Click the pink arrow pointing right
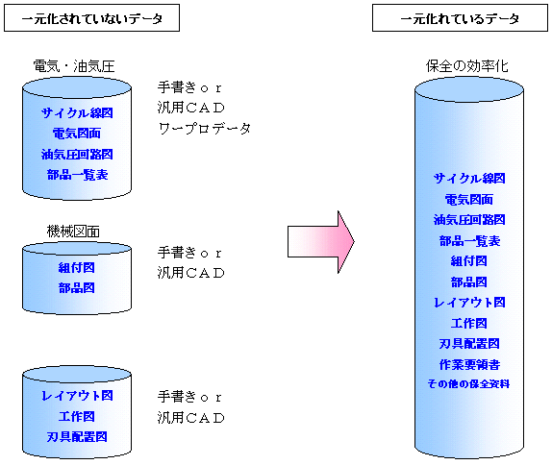(x=321, y=242)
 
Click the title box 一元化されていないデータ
(x=92, y=18)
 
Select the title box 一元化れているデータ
(x=460, y=18)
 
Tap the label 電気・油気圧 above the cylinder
(x=74, y=66)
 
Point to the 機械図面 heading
(x=73, y=232)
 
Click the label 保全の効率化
(x=466, y=65)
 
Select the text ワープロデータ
(x=204, y=128)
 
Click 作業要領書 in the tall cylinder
(x=469, y=364)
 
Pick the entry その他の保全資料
(x=468, y=383)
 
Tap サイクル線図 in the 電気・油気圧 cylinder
(x=77, y=113)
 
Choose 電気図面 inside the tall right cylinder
(x=469, y=200)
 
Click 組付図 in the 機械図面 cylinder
(x=77, y=268)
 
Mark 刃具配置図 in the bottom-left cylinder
(x=77, y=437)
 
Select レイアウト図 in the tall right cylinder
(x=469, y=303)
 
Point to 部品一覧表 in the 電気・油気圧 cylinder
(x=78, y=175)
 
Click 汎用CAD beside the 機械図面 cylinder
(x=191, y=273)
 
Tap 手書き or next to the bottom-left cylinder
(x=189, y=397)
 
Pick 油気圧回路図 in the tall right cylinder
(x=469, y=220)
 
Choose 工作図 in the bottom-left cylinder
(x=77, y=416)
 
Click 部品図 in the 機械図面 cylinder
(x=77, y=288)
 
